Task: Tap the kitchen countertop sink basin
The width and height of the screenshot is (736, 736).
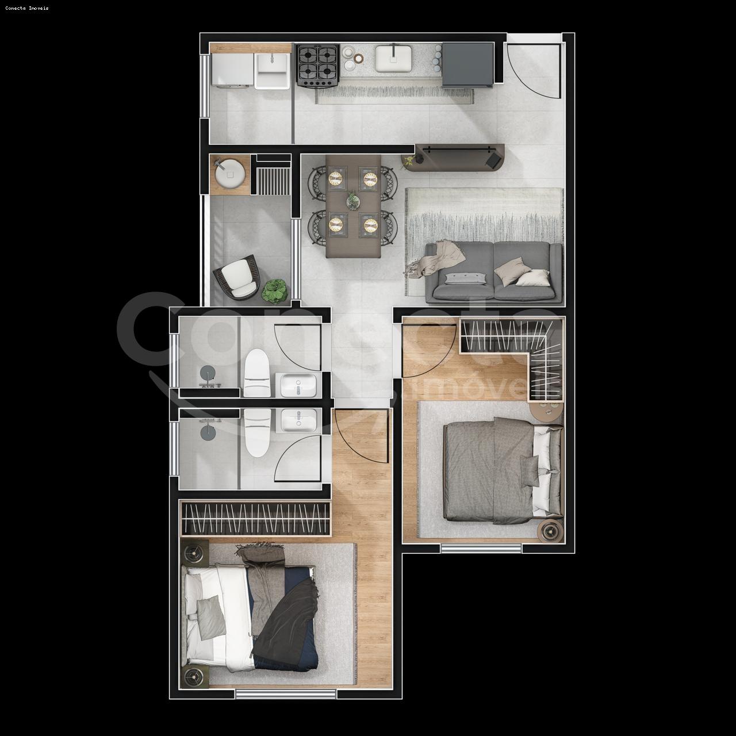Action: (x=394, y=59)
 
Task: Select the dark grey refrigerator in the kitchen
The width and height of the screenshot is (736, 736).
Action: (x=467, y=64)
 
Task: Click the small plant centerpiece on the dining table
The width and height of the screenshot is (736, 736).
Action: (x=352, y=201)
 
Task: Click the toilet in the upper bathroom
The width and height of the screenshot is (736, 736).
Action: (x=257, y=374)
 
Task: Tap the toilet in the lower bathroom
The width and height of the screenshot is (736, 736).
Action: (x=257, y=432)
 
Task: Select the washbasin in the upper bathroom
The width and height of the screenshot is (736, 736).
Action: (x=297, y=385)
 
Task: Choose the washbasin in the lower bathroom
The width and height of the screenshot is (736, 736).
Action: (x=298, y=421)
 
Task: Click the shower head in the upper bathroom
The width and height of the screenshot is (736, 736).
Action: (x=207, y=377)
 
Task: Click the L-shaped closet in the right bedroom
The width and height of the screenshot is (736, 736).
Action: (x=517, y=351)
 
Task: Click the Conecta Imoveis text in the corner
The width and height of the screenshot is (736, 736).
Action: (x=27, y=8)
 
